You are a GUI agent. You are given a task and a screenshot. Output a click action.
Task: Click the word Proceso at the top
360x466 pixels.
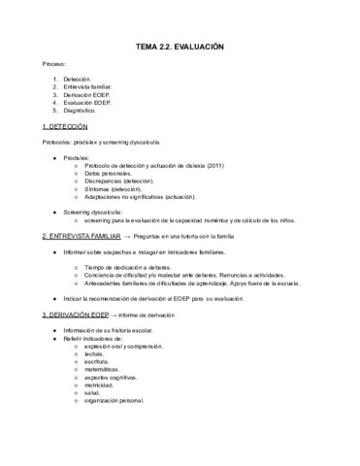[x=54, y=64]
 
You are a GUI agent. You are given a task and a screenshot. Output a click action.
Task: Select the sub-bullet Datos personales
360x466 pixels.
[x=112, y=173]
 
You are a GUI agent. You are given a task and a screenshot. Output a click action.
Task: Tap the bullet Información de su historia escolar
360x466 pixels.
[x=117, y=329]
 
